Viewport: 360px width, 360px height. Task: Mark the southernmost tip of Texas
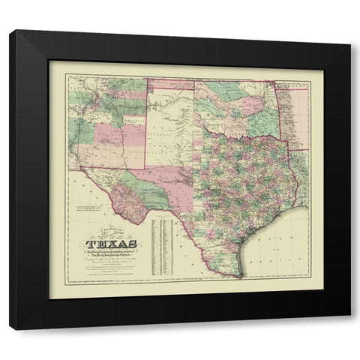click(x=241, y=277)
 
